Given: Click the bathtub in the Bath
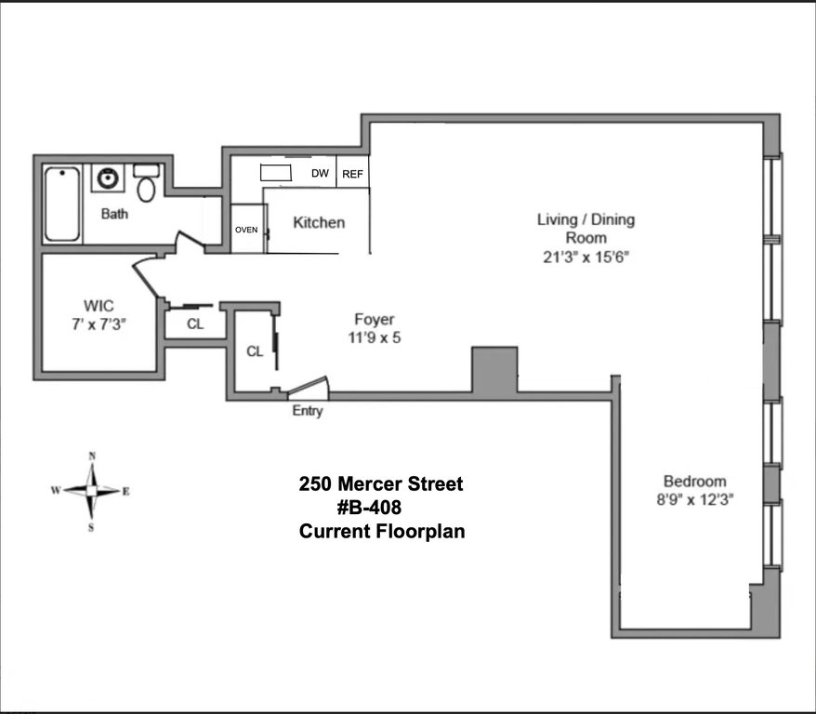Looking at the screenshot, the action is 62,204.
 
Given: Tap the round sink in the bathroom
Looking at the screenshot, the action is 108,178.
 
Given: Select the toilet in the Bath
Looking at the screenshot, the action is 146,182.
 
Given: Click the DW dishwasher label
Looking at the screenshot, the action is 320,173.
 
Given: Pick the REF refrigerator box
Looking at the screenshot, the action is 352,172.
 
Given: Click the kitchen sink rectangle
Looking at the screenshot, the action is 276,172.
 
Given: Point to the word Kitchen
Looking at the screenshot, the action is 319,223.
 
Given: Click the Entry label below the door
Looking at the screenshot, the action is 308,411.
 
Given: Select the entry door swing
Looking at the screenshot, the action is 308,389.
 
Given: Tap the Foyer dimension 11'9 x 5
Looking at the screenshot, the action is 375,337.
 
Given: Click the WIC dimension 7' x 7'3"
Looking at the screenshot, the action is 99,324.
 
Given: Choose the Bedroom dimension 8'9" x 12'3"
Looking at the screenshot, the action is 695,500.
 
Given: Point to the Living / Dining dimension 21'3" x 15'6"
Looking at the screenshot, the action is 586,258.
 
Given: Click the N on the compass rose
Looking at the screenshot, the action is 92,456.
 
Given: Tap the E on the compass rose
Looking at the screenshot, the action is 126,491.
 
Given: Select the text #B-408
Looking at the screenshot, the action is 369,508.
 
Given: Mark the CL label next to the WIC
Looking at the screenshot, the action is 195,324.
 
